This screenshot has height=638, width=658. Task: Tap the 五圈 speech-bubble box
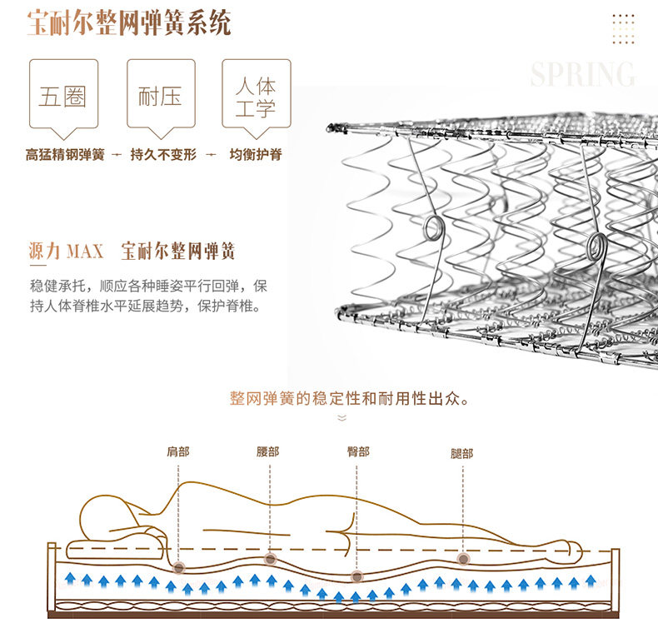pyautogui.click(x=63, y=96)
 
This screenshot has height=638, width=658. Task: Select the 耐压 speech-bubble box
pyautogui.click(x=160, y=96)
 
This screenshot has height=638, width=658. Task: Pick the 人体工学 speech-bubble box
pyautogui.click(x=256, y=97)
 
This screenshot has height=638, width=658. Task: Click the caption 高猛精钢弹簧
pyautogui.click(x=65, y=155)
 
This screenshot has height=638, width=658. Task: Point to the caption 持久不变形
pyautogui.click(x=163, y=155)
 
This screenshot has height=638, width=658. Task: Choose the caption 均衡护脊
pyautogui.click(x=256, y=155)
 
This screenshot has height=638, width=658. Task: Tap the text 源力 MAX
pyautogui.click(x=66, y=251)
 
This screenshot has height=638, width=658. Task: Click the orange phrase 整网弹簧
pyautogui.click(x=260, y=398)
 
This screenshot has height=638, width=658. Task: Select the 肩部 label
pyautogui.click(x=177, y=452)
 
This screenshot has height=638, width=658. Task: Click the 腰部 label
pyautogui.click(x=268, y=452)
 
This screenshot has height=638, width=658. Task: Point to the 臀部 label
pyautogui.click(x=358, y=452)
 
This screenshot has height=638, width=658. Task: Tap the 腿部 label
pyautogui.click(x=461, y=454)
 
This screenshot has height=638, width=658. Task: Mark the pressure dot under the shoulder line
pyautogui.click(x=179, y=567)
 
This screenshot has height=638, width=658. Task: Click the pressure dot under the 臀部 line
pyautogui.click(x=357, y=576)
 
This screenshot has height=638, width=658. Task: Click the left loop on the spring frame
pyautogui.click(x=434, y=227)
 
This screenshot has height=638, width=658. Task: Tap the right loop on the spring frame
pyautogui.click(x=596, y=245)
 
